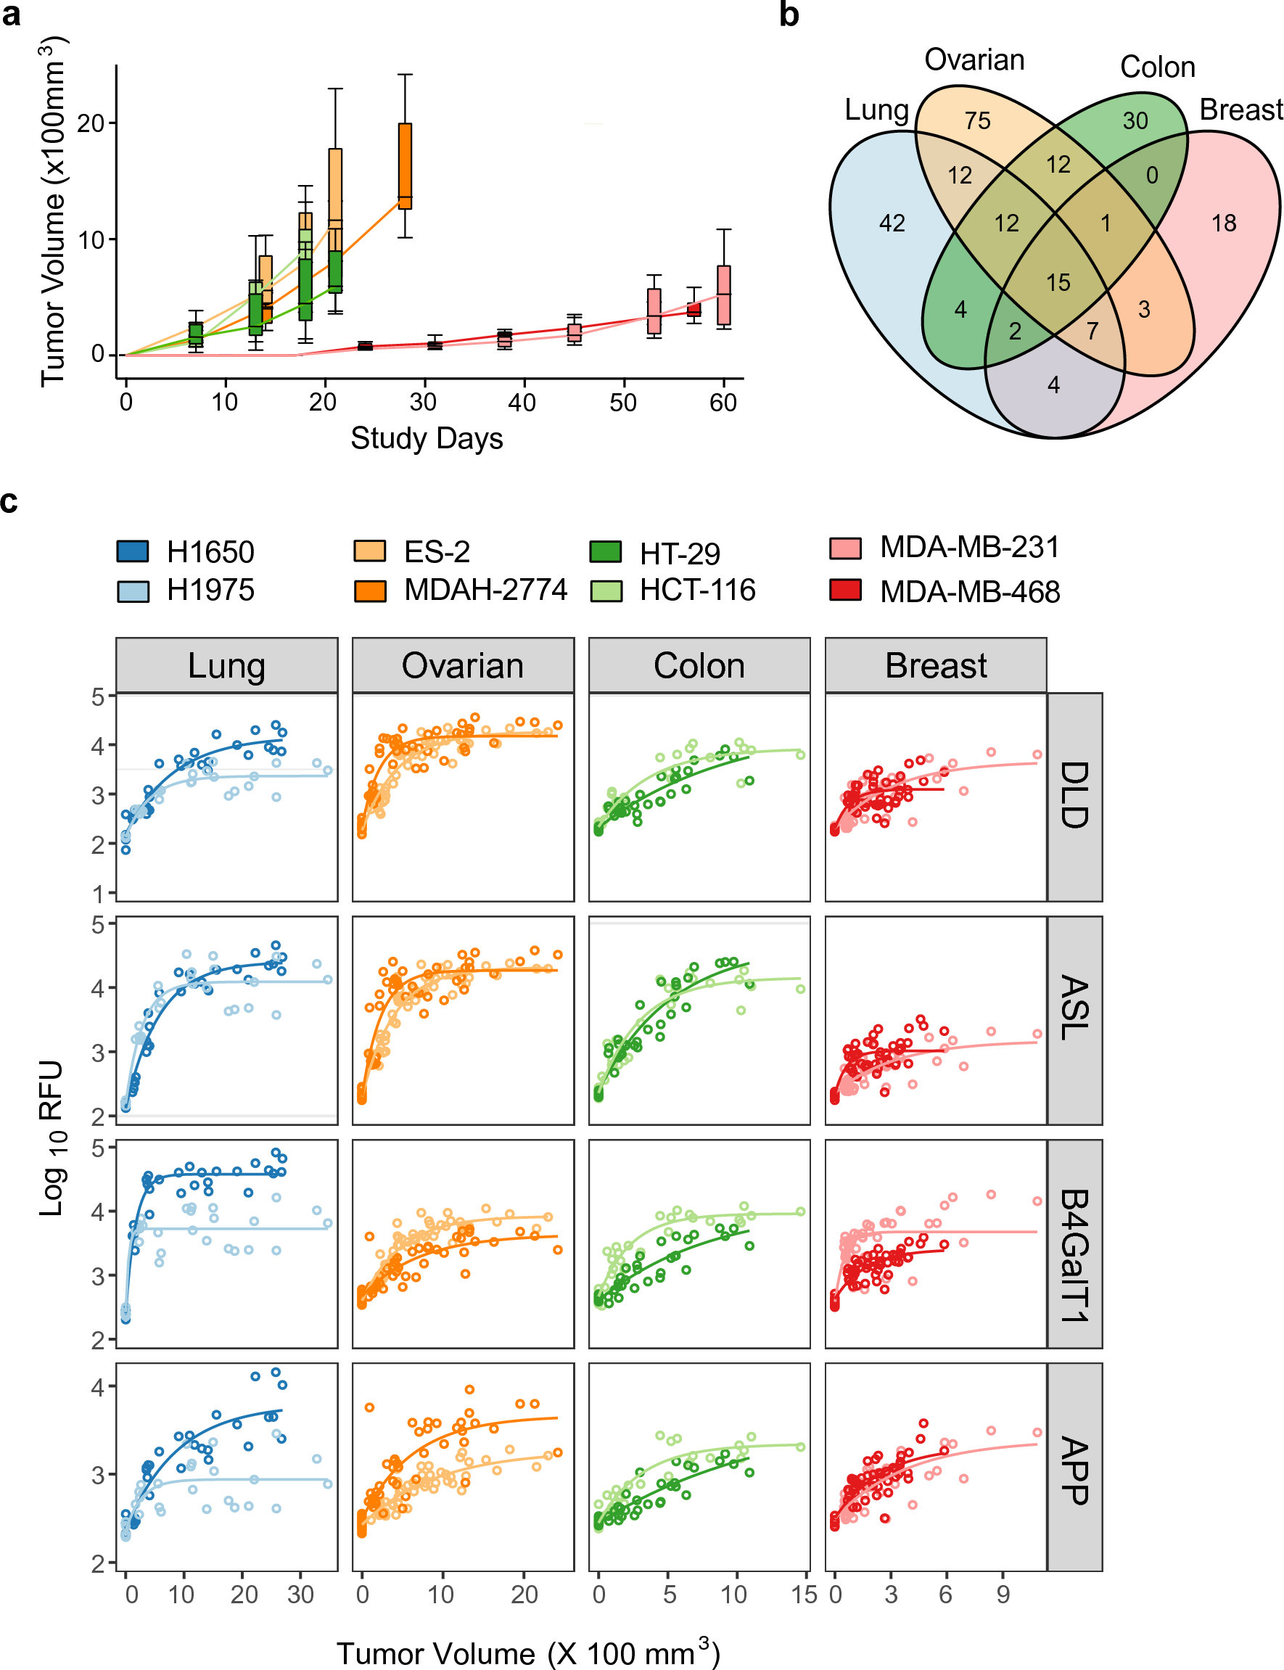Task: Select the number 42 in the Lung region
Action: coord(892,223)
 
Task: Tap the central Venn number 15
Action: coord(1058,283)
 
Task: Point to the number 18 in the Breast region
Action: coord(1224,223)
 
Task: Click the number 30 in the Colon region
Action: coord(1135,120)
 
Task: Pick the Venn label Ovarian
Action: coord(974,60)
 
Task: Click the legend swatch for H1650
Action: coord(132,551)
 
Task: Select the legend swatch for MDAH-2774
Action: coord(370,590)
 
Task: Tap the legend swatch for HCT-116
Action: coord(606,590)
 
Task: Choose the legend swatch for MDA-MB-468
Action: coord(845,590)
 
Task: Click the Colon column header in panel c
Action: coord(699,666)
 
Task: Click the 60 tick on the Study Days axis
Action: coord(723,402)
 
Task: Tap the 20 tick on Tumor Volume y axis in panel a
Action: coord(90,123)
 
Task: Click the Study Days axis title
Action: coord(427,439)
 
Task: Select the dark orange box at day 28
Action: coord(405,165)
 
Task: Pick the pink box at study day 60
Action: coord(724,295)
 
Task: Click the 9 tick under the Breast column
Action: coord(1003,1595)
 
